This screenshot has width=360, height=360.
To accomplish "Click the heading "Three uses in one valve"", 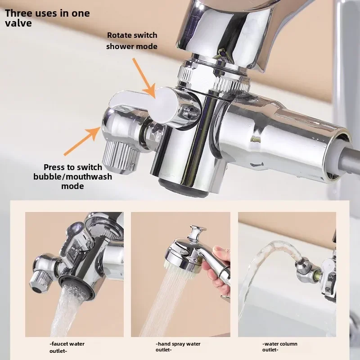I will (47, 18).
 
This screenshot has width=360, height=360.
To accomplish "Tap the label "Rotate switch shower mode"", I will (132, 40).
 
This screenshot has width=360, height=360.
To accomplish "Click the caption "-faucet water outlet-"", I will (67, 346).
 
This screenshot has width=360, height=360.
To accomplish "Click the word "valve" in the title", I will (18, 23).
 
